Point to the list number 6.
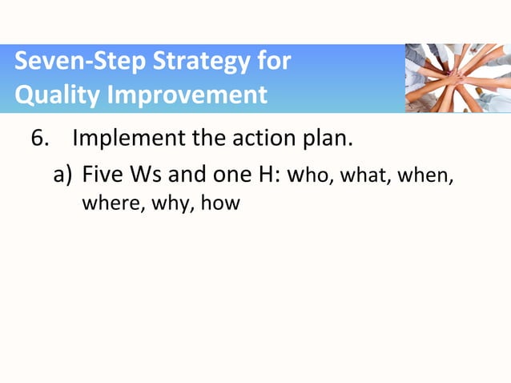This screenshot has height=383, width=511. tap(39, 139)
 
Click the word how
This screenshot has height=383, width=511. tap(220, 204)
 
